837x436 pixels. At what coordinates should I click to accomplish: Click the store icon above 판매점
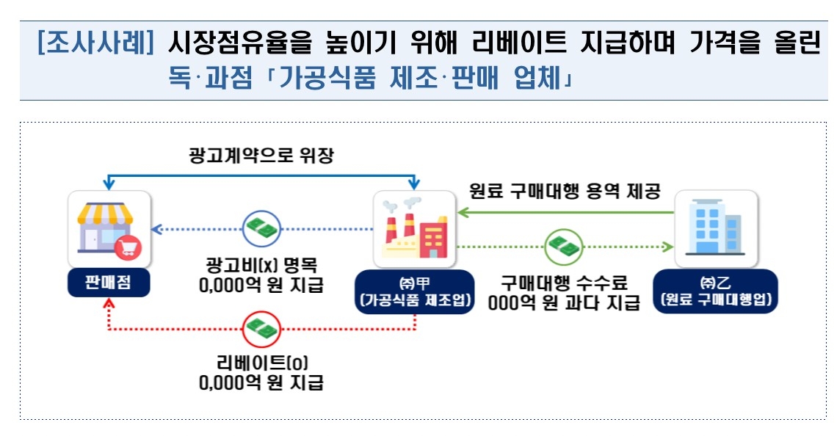(x=109, y=228)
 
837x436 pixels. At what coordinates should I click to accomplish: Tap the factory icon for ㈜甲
(x=416, y=228)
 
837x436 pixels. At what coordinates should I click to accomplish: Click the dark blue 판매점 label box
(x=109, y=284)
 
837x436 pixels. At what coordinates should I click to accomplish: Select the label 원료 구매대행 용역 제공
(x=565, y=192)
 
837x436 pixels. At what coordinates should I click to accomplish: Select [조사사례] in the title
(x=95, y=44)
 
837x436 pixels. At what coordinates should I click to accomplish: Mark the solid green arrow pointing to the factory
(x=565, y=212)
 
